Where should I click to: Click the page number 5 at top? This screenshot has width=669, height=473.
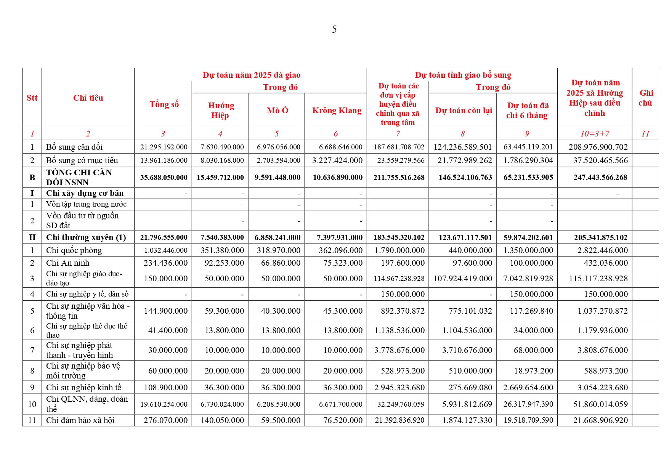334,29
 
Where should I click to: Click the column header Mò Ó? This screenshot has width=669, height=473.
277,111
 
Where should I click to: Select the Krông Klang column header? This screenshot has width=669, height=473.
336,111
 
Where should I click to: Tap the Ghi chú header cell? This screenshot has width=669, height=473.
646,98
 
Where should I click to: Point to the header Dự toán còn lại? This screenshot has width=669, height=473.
463,111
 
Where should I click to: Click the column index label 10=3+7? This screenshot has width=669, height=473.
594,134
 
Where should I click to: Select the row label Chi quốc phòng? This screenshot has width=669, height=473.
74,250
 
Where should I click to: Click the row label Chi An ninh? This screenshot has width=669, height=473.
67,263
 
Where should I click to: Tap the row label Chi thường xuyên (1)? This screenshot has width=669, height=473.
86,237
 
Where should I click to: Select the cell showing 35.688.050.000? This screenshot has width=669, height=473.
164,177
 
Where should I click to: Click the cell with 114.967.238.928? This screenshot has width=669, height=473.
399,279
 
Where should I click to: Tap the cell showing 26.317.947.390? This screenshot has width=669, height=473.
528,404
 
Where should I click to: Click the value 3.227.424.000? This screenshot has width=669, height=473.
337,160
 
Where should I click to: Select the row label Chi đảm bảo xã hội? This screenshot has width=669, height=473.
80,420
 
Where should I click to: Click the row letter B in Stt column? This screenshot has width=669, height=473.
32,177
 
